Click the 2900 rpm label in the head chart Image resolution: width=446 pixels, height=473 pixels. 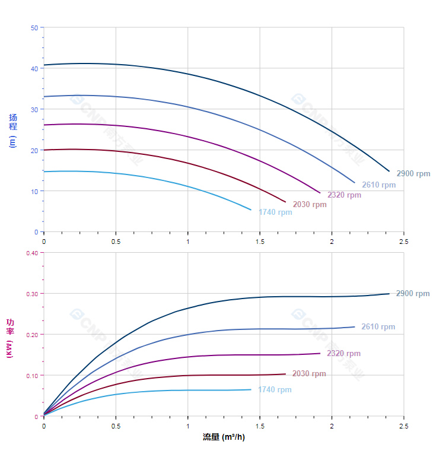click(413, 174)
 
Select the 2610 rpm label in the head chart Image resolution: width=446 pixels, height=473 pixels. click(378, 185)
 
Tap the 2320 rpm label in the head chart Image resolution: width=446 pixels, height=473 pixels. click(344, 195)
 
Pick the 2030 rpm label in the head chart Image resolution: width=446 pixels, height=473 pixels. click(310, 205)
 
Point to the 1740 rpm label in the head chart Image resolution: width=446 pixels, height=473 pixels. click(275, 212)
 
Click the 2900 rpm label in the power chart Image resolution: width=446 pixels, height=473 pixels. click(413, 294)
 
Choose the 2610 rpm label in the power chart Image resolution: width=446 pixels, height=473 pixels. click(378, 327)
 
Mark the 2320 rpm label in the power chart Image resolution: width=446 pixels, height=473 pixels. click(343, 354)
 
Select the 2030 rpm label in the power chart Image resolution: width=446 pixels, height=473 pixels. click(309, 374)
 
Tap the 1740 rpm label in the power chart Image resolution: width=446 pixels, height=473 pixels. click(275, 390)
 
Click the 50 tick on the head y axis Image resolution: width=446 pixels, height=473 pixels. click(34, 28)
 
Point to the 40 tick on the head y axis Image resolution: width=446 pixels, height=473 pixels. click(34, 69)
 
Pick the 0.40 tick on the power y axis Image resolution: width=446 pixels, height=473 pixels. click(32, 253)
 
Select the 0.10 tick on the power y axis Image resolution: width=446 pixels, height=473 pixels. click(32, 376)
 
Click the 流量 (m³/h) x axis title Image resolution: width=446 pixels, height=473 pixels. click(224, 437)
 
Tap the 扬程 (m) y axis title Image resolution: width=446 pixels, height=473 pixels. click(12, 131)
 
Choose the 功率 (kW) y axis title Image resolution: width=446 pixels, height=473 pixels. click(9, 338)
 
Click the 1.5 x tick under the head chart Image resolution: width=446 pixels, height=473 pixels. click(260, 242)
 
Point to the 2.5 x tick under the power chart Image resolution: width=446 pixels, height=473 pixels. click(404, 426)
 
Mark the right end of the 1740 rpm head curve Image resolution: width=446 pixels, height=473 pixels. click(251, 209)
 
